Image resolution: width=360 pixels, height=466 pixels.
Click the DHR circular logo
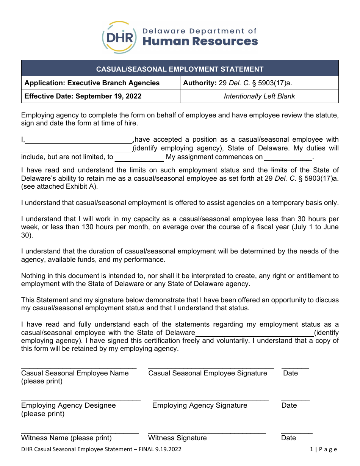[119, 38]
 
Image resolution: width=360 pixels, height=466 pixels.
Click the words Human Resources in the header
[200, 41]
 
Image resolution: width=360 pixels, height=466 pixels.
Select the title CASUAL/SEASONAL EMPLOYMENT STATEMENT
[180, 69]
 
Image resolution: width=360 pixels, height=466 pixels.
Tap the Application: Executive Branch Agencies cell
[92, 83]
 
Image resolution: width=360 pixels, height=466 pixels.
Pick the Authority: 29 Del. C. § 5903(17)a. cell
[238, 83]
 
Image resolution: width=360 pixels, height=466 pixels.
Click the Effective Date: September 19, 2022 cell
[83, 96]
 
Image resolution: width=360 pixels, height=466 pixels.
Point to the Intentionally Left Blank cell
[259, 96]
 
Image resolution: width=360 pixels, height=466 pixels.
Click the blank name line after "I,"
[79, 140]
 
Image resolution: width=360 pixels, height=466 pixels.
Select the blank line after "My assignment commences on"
[288, 158]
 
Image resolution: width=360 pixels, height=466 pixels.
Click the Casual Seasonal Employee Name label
[75, 373]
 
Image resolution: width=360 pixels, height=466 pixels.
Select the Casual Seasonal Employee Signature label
[208, 373]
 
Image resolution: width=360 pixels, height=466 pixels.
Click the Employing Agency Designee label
[69, 405]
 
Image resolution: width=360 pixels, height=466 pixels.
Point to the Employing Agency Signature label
[200, 405]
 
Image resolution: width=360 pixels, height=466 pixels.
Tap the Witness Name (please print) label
[66, 438]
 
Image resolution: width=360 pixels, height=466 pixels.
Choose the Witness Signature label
[177, 438]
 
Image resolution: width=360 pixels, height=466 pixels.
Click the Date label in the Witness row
[288, 438]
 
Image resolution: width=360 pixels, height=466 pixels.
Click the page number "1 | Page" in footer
[323, 449]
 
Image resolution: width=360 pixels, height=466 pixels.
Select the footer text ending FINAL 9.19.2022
[101, 449]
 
